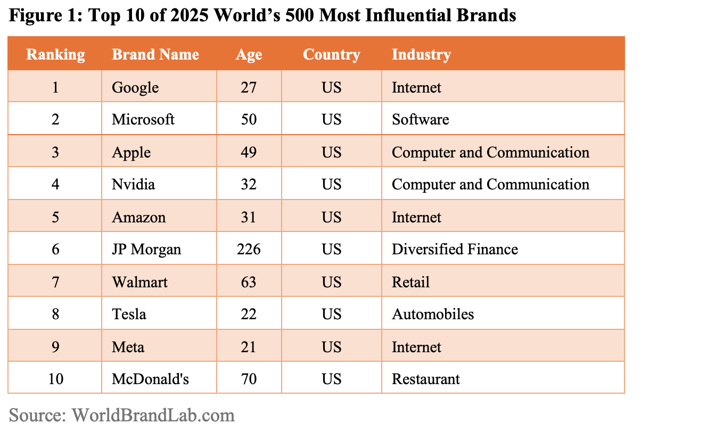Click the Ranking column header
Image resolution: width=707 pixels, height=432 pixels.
coord(55,54)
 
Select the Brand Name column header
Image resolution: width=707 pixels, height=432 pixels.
coord(155,54)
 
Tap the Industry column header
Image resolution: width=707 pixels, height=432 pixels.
coord(421,54)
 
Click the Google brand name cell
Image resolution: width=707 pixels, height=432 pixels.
coord(135,87)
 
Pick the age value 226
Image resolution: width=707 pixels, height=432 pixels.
coord(249,249)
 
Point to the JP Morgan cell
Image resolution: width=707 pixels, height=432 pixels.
coord(146,249)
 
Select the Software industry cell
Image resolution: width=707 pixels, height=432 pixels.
coord(420,119)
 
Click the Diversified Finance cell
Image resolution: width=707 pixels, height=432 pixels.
coord(455,249)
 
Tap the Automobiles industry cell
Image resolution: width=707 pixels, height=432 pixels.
coord(433,314)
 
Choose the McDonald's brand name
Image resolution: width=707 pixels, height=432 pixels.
coord(150,379)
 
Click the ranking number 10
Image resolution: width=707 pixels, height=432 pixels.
coord(55,379)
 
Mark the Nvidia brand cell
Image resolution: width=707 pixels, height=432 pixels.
coord(133,184)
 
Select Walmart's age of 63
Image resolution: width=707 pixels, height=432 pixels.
coord(249,282)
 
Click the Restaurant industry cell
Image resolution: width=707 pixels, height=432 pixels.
coord(426,379)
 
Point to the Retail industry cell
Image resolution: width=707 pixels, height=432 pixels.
coord(410,282)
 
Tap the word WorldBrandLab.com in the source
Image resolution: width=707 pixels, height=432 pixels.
coord(153,415)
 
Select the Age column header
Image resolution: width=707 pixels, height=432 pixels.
coord(249,54)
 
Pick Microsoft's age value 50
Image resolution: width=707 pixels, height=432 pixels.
coord(249,119)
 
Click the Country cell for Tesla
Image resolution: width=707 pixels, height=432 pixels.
coord(331,314)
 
